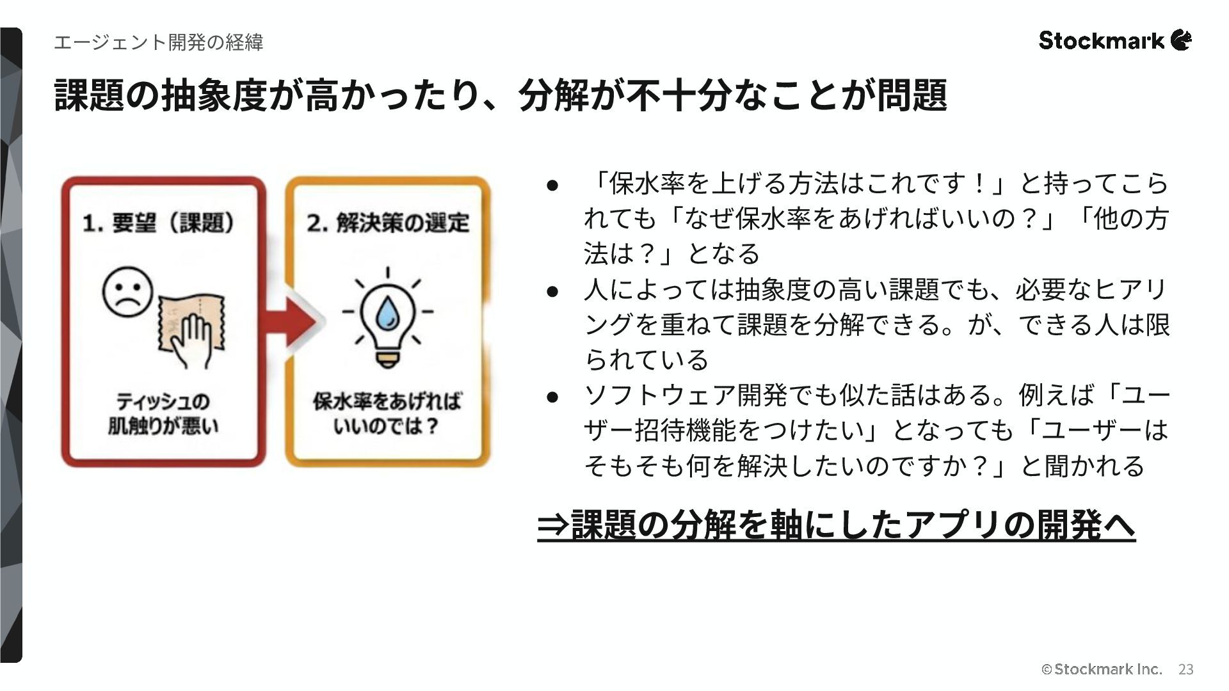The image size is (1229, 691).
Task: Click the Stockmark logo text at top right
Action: [1101, 41]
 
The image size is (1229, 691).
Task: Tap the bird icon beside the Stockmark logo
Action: [1182, 40]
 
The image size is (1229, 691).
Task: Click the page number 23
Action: [1185, 669]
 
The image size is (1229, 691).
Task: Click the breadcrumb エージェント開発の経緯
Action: [158, 42]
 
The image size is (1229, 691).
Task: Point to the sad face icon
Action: [127, 292]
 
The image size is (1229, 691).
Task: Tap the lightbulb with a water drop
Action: [387, 318]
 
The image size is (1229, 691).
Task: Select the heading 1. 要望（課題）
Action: [159, 223]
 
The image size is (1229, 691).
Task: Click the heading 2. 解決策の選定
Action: [387, 223]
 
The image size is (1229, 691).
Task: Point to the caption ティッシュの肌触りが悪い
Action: [163, 413]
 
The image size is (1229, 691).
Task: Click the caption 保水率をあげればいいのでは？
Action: [387, 413]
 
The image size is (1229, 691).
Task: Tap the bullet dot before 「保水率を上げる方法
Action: [552, 186]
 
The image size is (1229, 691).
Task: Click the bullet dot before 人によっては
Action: [552, 292]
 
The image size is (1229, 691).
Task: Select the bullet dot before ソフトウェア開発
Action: [552, 397]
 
